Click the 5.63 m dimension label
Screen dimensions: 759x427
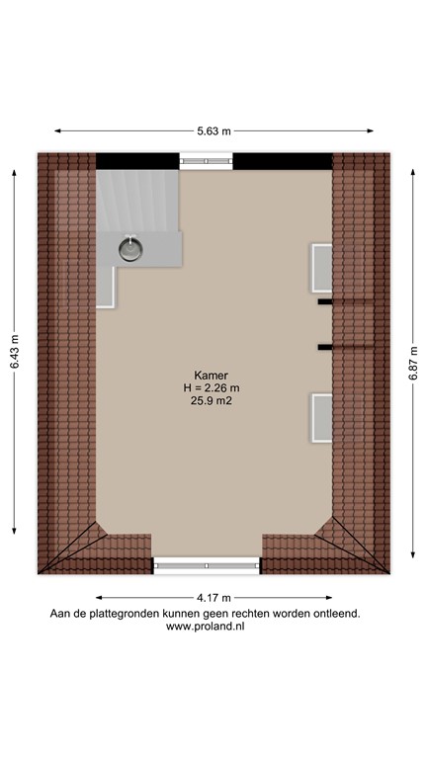[213, 130]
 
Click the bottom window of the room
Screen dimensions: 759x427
[207, 564]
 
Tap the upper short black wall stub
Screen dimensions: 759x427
[324, 303]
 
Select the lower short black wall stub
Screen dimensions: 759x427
[324, 347]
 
